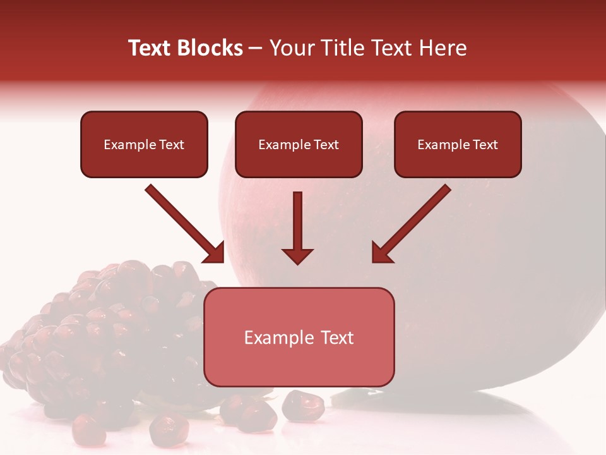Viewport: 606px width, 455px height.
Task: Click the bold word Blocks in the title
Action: [209, 48]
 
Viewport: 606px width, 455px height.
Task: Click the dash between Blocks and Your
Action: [256, 49]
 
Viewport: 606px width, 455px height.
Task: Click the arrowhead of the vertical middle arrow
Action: [297, 255]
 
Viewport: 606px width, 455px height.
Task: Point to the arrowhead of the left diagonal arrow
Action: [214, 252]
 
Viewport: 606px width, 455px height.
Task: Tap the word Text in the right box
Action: [485, 145]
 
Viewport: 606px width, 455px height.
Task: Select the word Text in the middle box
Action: [326, 145]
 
